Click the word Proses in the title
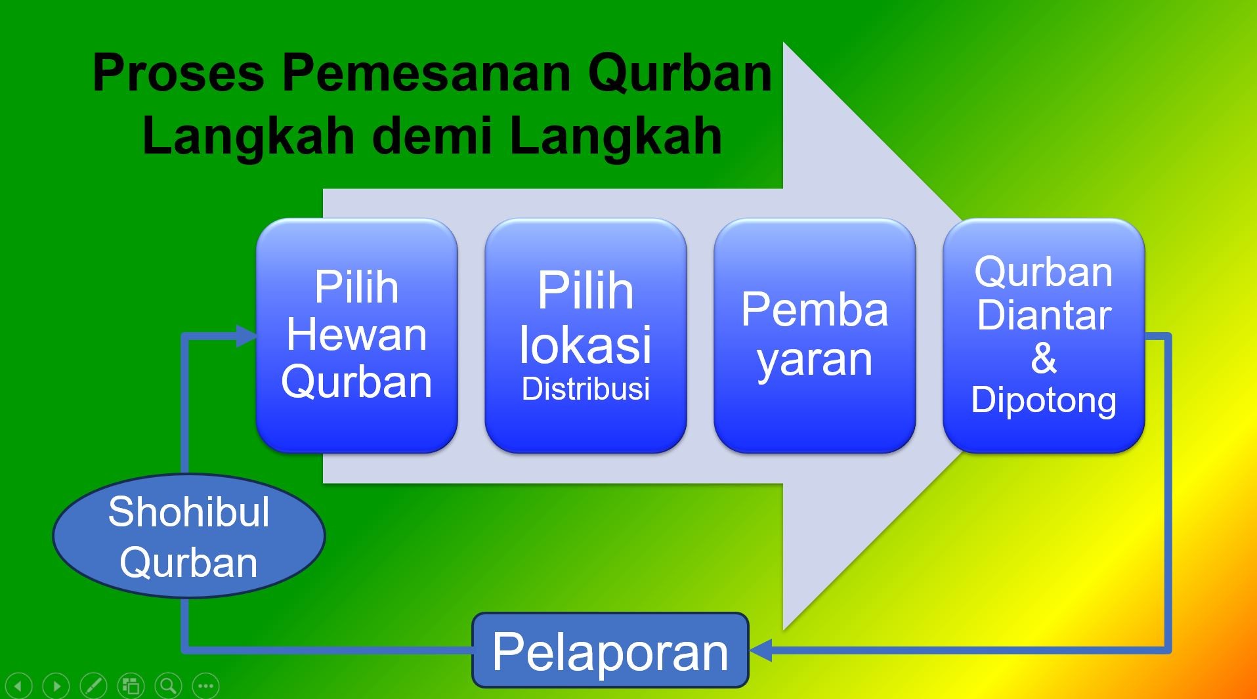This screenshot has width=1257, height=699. click(178, 74)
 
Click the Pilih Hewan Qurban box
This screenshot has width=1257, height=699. click(356, 335)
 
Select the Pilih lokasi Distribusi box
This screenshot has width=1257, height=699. click(586, 335)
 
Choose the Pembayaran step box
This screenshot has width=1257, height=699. click(815, 335)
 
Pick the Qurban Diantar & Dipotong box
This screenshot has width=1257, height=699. click(1044, 335)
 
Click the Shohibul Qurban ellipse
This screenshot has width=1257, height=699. click(188, 536)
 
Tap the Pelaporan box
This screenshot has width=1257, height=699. click(610, 651)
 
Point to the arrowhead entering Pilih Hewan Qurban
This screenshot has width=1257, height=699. click(246, 336)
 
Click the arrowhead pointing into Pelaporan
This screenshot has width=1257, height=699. click(760, 650)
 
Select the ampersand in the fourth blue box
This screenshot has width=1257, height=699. click(1044, 358)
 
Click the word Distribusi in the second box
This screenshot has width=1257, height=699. click(586, 389)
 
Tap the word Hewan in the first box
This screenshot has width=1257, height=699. click(356, 335)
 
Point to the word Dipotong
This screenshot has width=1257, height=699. click(1044, 400)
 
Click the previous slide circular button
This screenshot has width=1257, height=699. click(18, 687)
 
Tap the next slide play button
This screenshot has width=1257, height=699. click(56, 687)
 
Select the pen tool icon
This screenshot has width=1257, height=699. click(93, 687)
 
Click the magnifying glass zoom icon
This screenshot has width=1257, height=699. click(168, 687)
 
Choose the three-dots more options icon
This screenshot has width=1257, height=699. click(205, 687)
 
